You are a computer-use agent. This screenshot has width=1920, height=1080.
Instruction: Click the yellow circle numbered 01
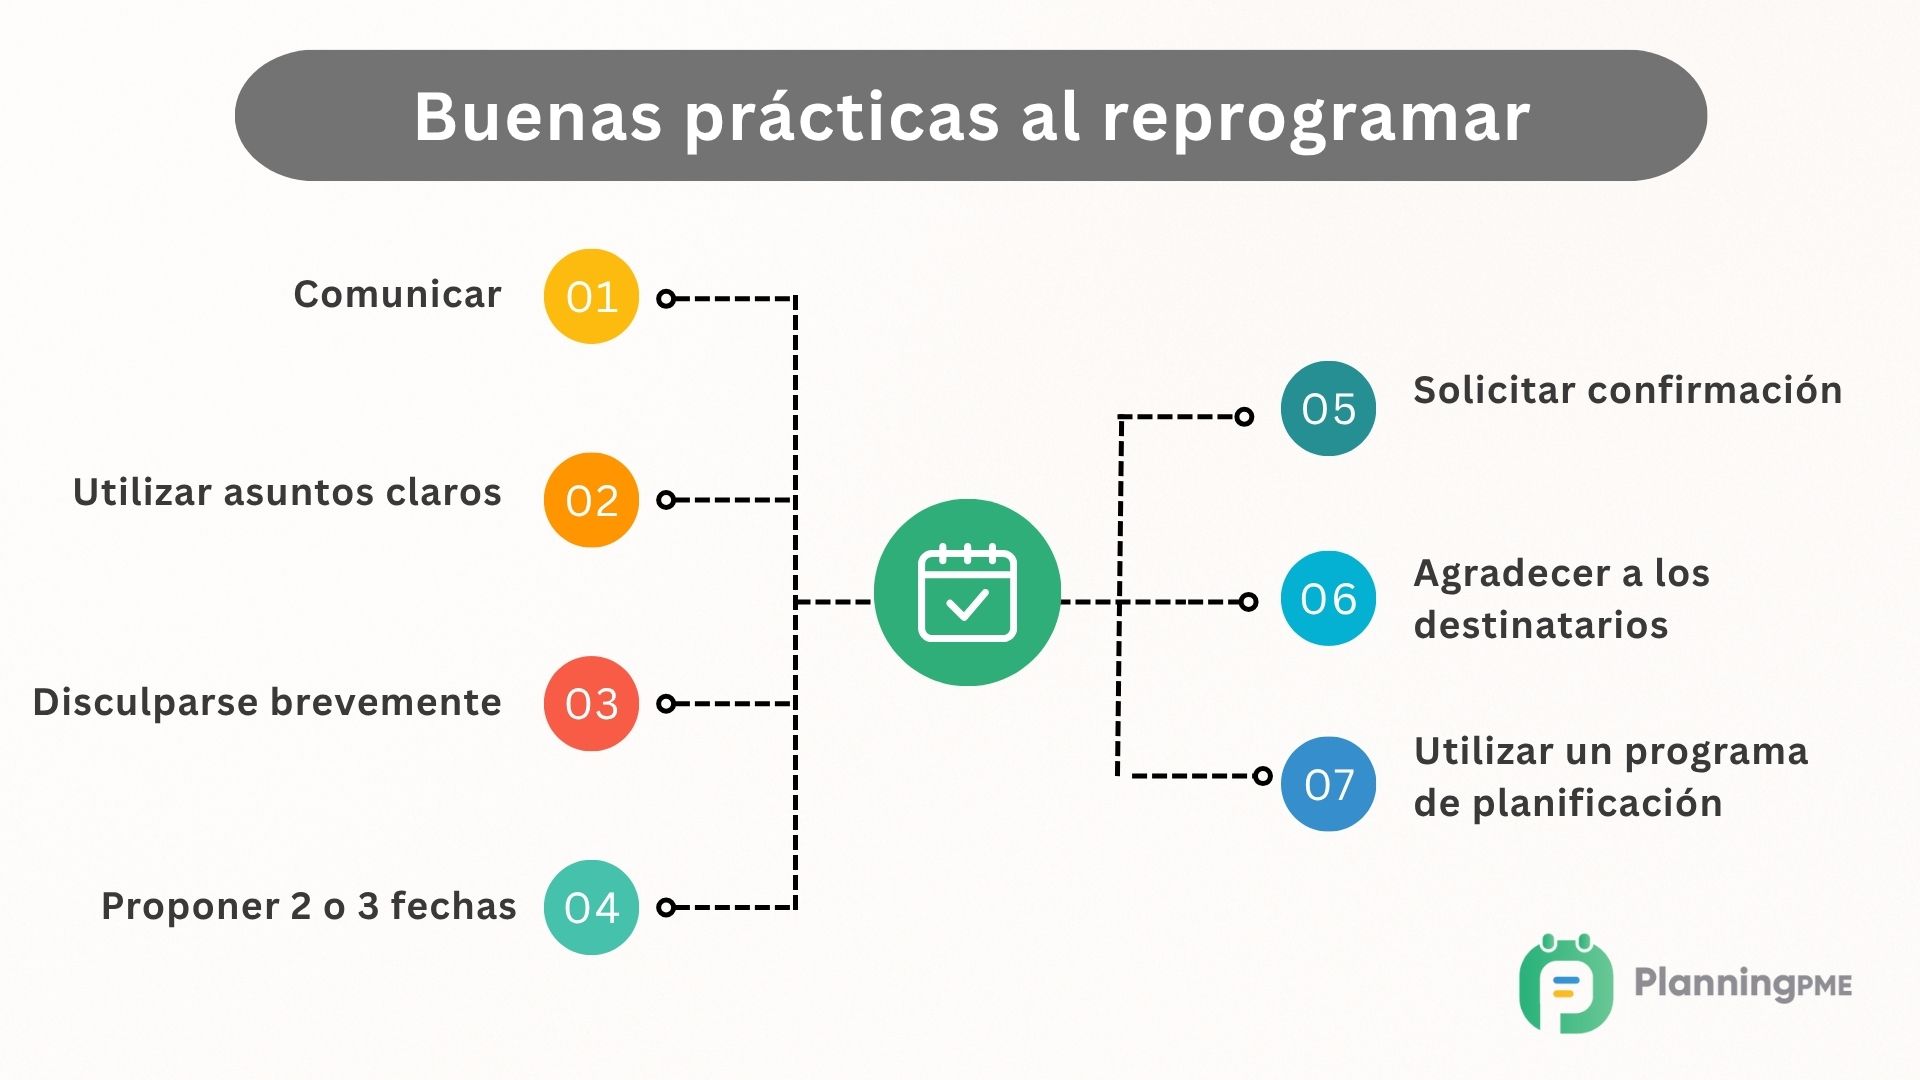point(591,296)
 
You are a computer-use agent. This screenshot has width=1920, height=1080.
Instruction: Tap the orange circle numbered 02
point(591,500)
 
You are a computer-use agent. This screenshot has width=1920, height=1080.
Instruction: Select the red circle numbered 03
point(591,703)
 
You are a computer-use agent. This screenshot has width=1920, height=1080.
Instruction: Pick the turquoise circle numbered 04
point(591,907)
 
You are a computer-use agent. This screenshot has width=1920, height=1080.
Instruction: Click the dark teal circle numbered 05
point(1328,408)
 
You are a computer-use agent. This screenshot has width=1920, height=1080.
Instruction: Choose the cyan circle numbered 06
point(1328,598)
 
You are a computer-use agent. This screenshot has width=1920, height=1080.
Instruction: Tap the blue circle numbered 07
point(1328,784)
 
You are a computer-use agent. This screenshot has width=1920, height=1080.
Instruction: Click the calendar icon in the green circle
point(967,593)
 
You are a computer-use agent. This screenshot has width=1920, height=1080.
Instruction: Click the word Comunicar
point(397,294)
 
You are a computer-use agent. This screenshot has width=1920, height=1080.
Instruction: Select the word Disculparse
point(146,702)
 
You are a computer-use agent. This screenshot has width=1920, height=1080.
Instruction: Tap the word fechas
point(453,906)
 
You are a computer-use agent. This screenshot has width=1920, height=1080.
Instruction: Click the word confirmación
point(1714,390)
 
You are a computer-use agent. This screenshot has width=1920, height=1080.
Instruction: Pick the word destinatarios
point(1540,625)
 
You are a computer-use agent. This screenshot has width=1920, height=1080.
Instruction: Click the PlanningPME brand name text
point(1742,983)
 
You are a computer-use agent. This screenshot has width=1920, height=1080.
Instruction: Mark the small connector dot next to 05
point(1244,416)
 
